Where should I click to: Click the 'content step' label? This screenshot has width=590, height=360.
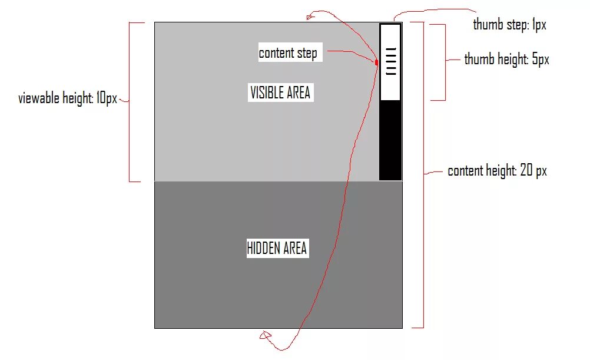coord(288,53)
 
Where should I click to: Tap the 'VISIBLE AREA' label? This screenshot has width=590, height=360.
coord(280,93)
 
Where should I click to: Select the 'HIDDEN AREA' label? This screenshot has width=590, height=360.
coord(277,248)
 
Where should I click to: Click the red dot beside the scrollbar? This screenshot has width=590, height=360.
coord(376,62)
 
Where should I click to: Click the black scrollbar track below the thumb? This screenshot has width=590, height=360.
coord(390,140)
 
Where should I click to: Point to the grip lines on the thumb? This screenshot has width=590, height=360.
coord(390,61)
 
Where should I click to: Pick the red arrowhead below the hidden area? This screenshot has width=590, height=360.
coord(264,336)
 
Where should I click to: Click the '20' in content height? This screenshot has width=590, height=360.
coord(526,171)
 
